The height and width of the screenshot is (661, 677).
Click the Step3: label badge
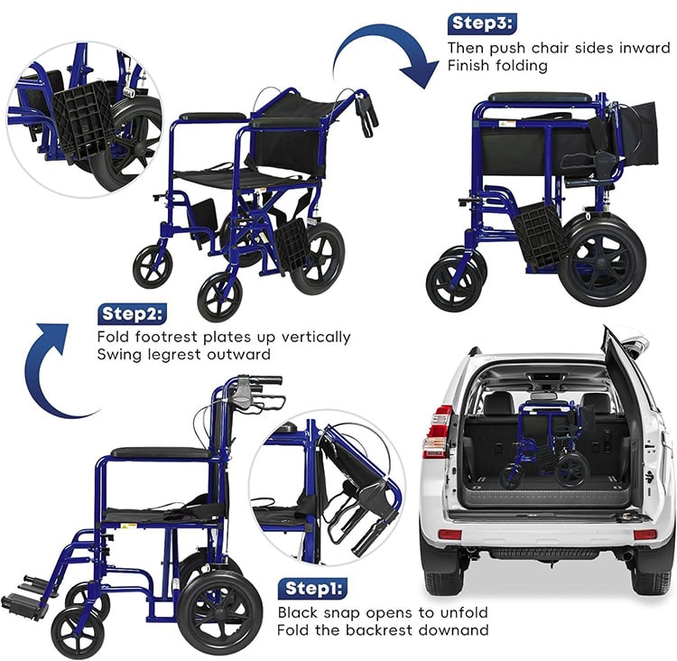481,23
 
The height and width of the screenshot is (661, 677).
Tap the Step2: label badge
132,314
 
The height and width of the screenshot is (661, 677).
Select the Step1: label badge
312,589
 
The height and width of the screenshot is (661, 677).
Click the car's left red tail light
437,432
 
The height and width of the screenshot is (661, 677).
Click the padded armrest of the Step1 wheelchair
162,452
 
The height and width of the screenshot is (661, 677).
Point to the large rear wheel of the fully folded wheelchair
602,261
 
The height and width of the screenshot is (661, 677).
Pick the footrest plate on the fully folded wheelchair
541,236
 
